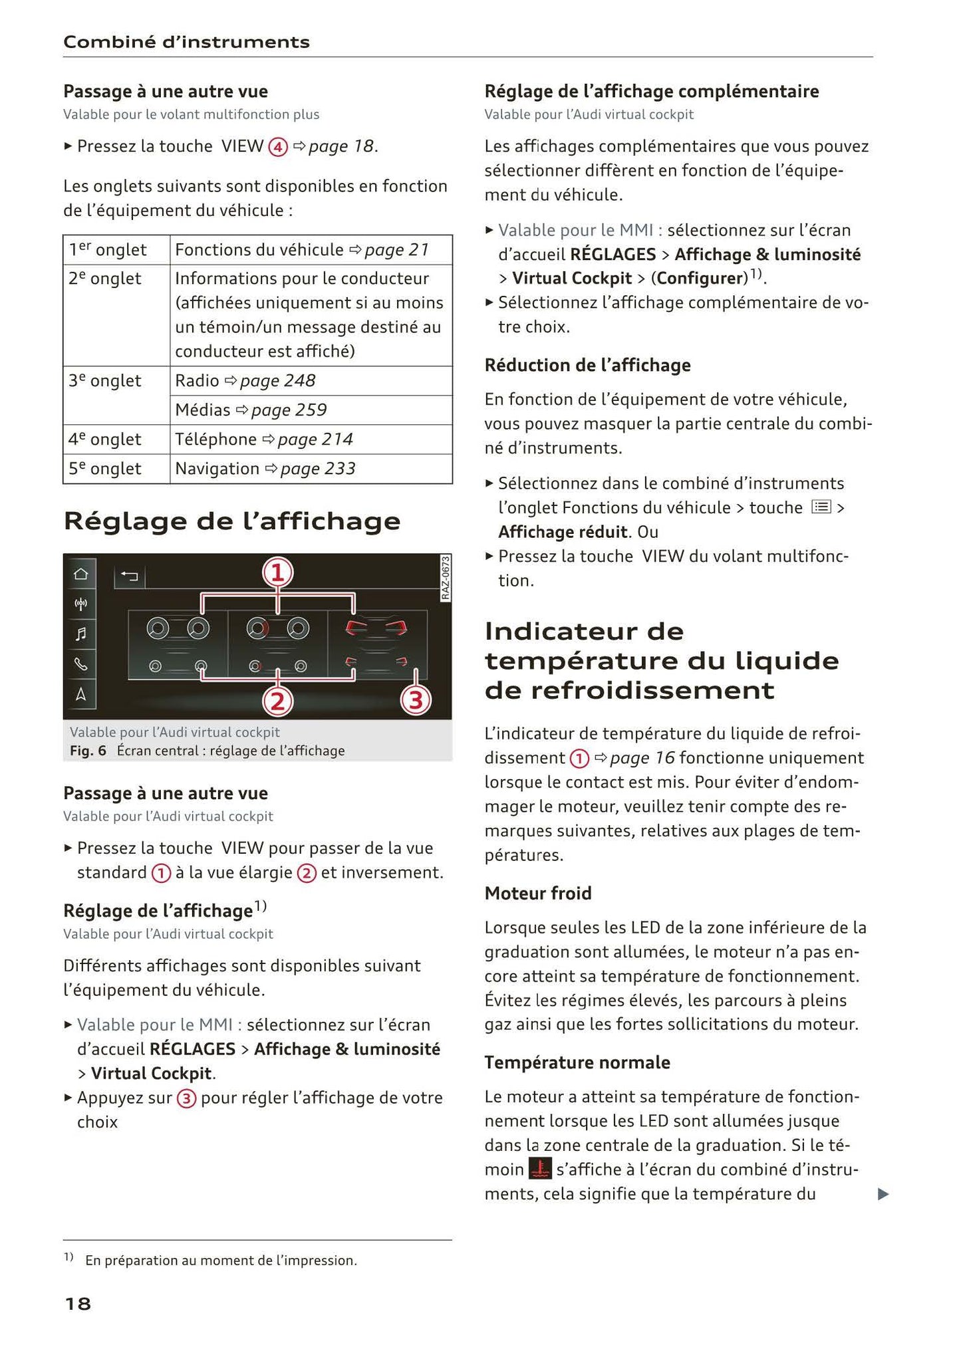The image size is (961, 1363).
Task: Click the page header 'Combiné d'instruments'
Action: [x=186, y=42]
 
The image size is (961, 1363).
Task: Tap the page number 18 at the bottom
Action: [x=77, y=1303]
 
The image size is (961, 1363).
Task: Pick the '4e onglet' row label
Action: [x=105, y=439]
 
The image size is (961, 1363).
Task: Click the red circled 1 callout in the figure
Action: [x=277, y=572]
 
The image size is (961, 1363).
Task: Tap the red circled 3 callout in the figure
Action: [x=416, y=700]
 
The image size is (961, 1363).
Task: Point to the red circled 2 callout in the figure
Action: [x=277, y=700]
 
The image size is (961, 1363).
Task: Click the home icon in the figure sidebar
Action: [x=80, y=574]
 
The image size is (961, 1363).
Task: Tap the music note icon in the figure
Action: [x=80, y=634]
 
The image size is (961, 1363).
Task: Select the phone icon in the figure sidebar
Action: [x=80, y=664]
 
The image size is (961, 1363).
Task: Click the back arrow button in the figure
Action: [x=130, y=576]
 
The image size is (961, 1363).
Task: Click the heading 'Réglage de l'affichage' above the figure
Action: [x=232, y=521]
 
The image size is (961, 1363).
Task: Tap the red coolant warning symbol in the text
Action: [x=539, y=1170]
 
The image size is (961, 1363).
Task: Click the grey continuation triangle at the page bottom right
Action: [x=883, y=1194]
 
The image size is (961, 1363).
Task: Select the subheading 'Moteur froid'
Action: [x=537, y=893]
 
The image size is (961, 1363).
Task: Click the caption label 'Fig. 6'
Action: [x=88, y=751]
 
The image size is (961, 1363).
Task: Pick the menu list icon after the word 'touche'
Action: [x=821, y=507]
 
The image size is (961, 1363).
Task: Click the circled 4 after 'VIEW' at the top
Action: [x=277, y=147]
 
